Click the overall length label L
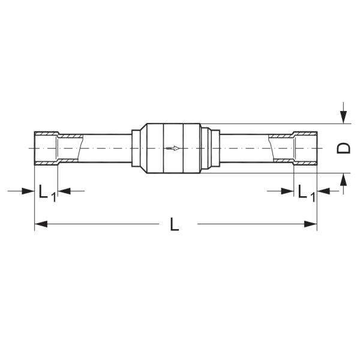pyautogui.click(x=174, y=224)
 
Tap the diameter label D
pyautogui.click(x=343, y=148)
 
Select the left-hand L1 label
pyautogui.click(x=46, y=193)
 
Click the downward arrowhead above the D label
pyautogui.click(x=343, y=117)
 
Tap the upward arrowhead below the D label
pyautogui.click(x=343, y=179)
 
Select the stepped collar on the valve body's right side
pyautogui.click(x=205, y=148)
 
